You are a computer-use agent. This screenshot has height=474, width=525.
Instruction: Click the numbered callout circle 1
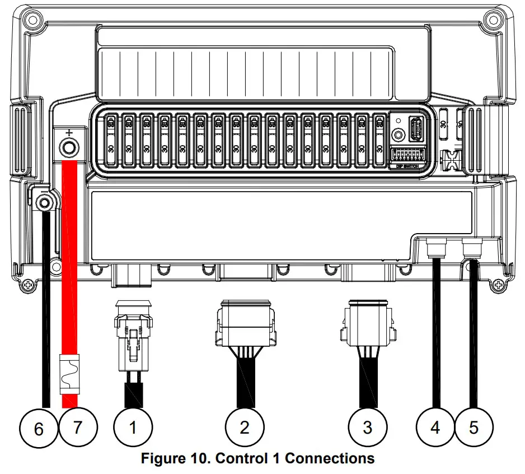click(x=133, y=427)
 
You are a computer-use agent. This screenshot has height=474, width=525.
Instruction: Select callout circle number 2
click(x=245, y=427)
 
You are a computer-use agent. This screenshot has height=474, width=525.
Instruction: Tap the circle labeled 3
click(x=367, y=427)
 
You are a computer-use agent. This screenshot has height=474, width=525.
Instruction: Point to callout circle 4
click(x=435, y=427)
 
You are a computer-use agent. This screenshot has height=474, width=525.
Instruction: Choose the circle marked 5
click(x=474, y=427)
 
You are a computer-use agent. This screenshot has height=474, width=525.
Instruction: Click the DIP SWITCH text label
click(x=407, y=166)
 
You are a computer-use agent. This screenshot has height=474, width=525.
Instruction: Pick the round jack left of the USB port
click(x=398, y=136)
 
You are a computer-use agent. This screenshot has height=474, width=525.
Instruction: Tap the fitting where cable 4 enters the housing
click(x=435, y=247)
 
